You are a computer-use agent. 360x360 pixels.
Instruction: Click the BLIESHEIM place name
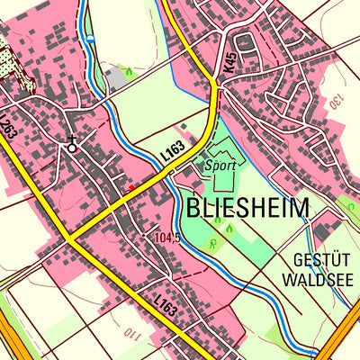coord(247,209)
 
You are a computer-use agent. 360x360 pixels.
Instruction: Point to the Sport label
coord(220,166)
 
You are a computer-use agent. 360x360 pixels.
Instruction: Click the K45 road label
coord(231,63)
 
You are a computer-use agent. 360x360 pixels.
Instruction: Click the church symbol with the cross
coord(71,142)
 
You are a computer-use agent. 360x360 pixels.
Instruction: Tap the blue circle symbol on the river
coord(90,39)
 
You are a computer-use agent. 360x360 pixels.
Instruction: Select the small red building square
coord(130,187)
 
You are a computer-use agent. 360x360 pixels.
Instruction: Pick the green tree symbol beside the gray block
coord(130,70)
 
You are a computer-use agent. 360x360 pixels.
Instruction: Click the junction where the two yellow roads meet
coord(68,238)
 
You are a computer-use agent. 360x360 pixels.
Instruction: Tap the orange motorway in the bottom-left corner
coord(11,342)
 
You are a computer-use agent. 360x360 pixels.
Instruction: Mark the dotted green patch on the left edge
coord(9,62)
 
